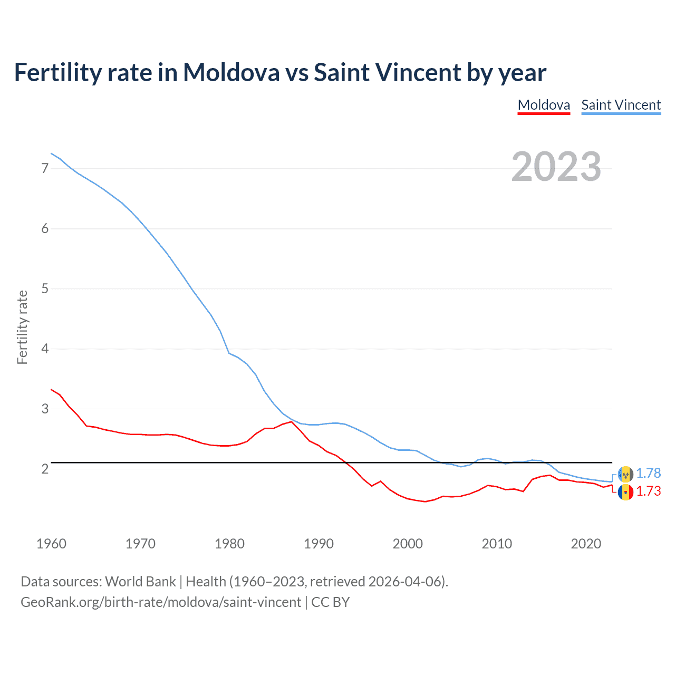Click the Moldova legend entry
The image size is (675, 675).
[544, 105]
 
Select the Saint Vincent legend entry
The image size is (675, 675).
[621, 105]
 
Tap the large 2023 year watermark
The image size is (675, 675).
[556, 167]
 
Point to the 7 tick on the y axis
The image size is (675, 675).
[45, 168]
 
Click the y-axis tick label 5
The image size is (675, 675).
[45, 288]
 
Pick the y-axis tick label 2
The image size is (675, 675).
[45, 469]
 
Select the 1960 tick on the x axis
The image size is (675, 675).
[51, 544]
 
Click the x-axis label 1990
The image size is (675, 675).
[319, 544]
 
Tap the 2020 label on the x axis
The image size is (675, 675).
[586, 544]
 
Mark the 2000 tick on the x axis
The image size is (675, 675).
[408, 544]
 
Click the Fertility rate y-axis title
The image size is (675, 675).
[22, 327]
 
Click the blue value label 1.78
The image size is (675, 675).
[648, 473]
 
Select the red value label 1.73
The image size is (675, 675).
[648, 491]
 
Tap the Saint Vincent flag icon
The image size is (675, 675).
[625, 474]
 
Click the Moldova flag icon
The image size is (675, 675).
[625, 493]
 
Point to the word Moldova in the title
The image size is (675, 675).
[231, 72]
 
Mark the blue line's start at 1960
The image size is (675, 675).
[51, 153]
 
